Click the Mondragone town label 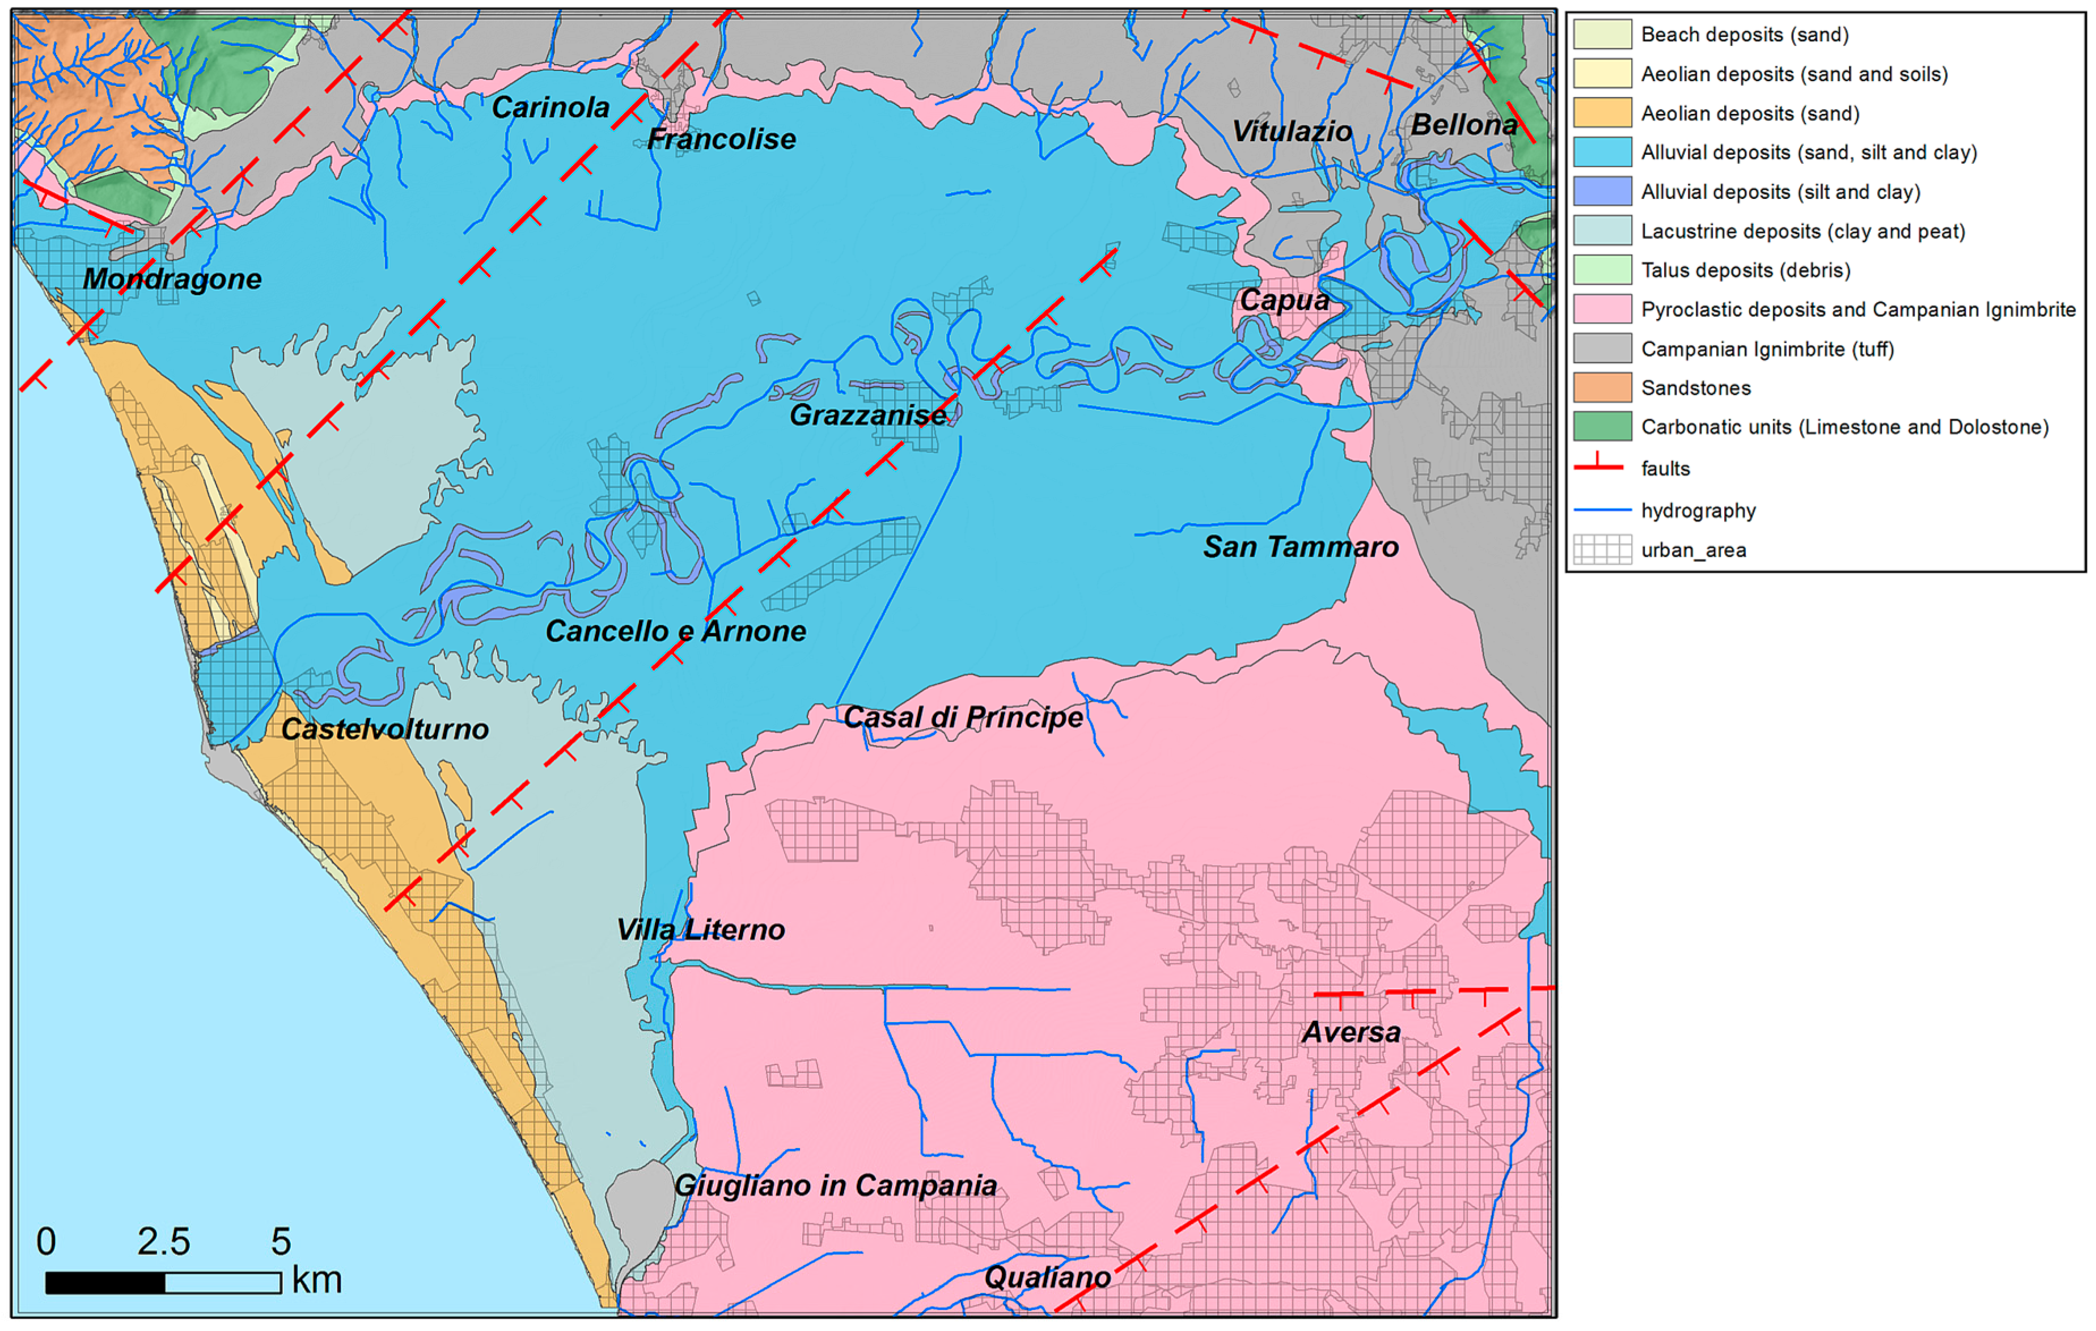point(172,279)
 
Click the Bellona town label point(1464,125)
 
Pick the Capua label point(1285,300)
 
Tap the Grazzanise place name point(868,416)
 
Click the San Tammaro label point(1301,546)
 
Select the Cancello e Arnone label point(675,631)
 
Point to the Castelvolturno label point(385,730)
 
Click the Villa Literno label point(701,930)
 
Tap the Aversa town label point(1351,1032)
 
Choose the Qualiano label point(1047,1277)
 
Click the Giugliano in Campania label point(836,1186)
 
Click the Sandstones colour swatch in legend point(1602,387)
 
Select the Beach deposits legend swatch point(1602,35)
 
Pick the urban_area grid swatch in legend point(1602,549)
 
